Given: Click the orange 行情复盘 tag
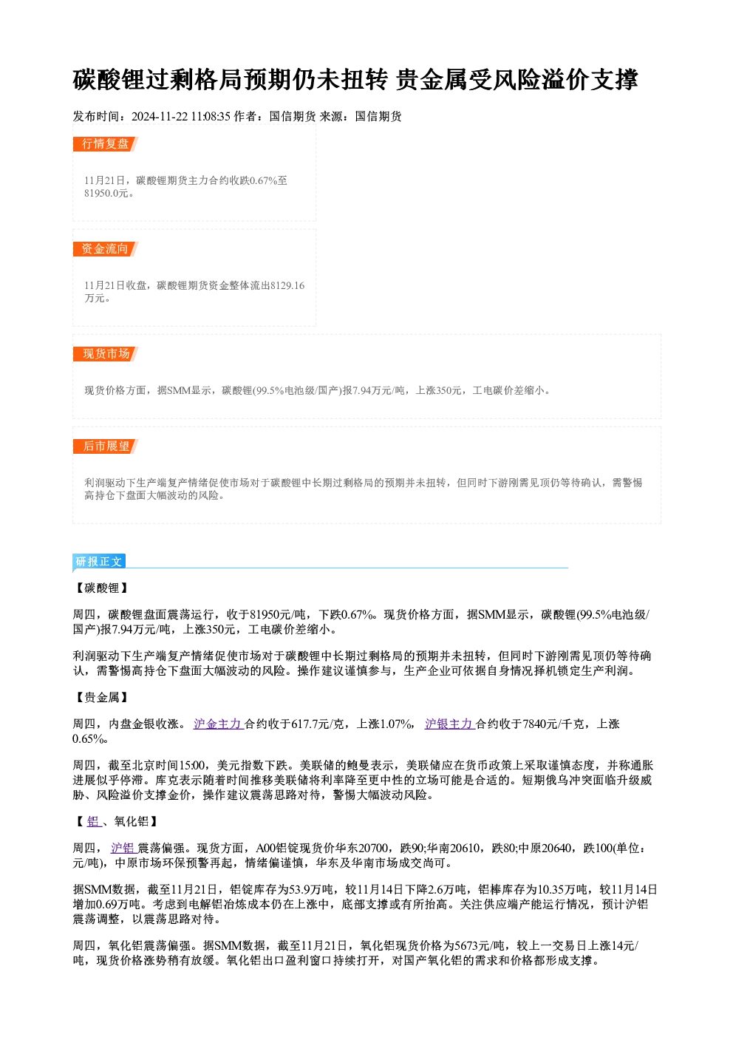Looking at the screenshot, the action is pyautogui.click(x=105, y=144).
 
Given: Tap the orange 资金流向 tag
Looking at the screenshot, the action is pyautogui.click(x=105, y=249).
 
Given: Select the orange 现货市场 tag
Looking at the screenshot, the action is pyautogui.click(x=105, y=354).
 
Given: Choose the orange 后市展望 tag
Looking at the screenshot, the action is pyautogui.click(x=105, y=446).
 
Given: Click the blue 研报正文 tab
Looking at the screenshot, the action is pyautogui.click(x=99, y=562).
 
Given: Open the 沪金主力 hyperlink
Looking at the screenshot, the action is pyautogui.click(x=219, y=724).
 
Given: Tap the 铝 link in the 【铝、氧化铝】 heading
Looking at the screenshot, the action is pyautogui.click(x=94, y=822).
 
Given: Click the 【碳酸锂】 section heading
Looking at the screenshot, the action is pyautogui.click(x=102, y=588).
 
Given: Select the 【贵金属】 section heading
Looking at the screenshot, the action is pyautogui.click(x=102, y=698).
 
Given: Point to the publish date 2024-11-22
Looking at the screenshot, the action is pyautogui.click(x=160, y=117).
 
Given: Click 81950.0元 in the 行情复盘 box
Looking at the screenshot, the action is pyautogui.click(x=106, y=194).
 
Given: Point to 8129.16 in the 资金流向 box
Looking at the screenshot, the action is pyautogui.click(x=287, y=285).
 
